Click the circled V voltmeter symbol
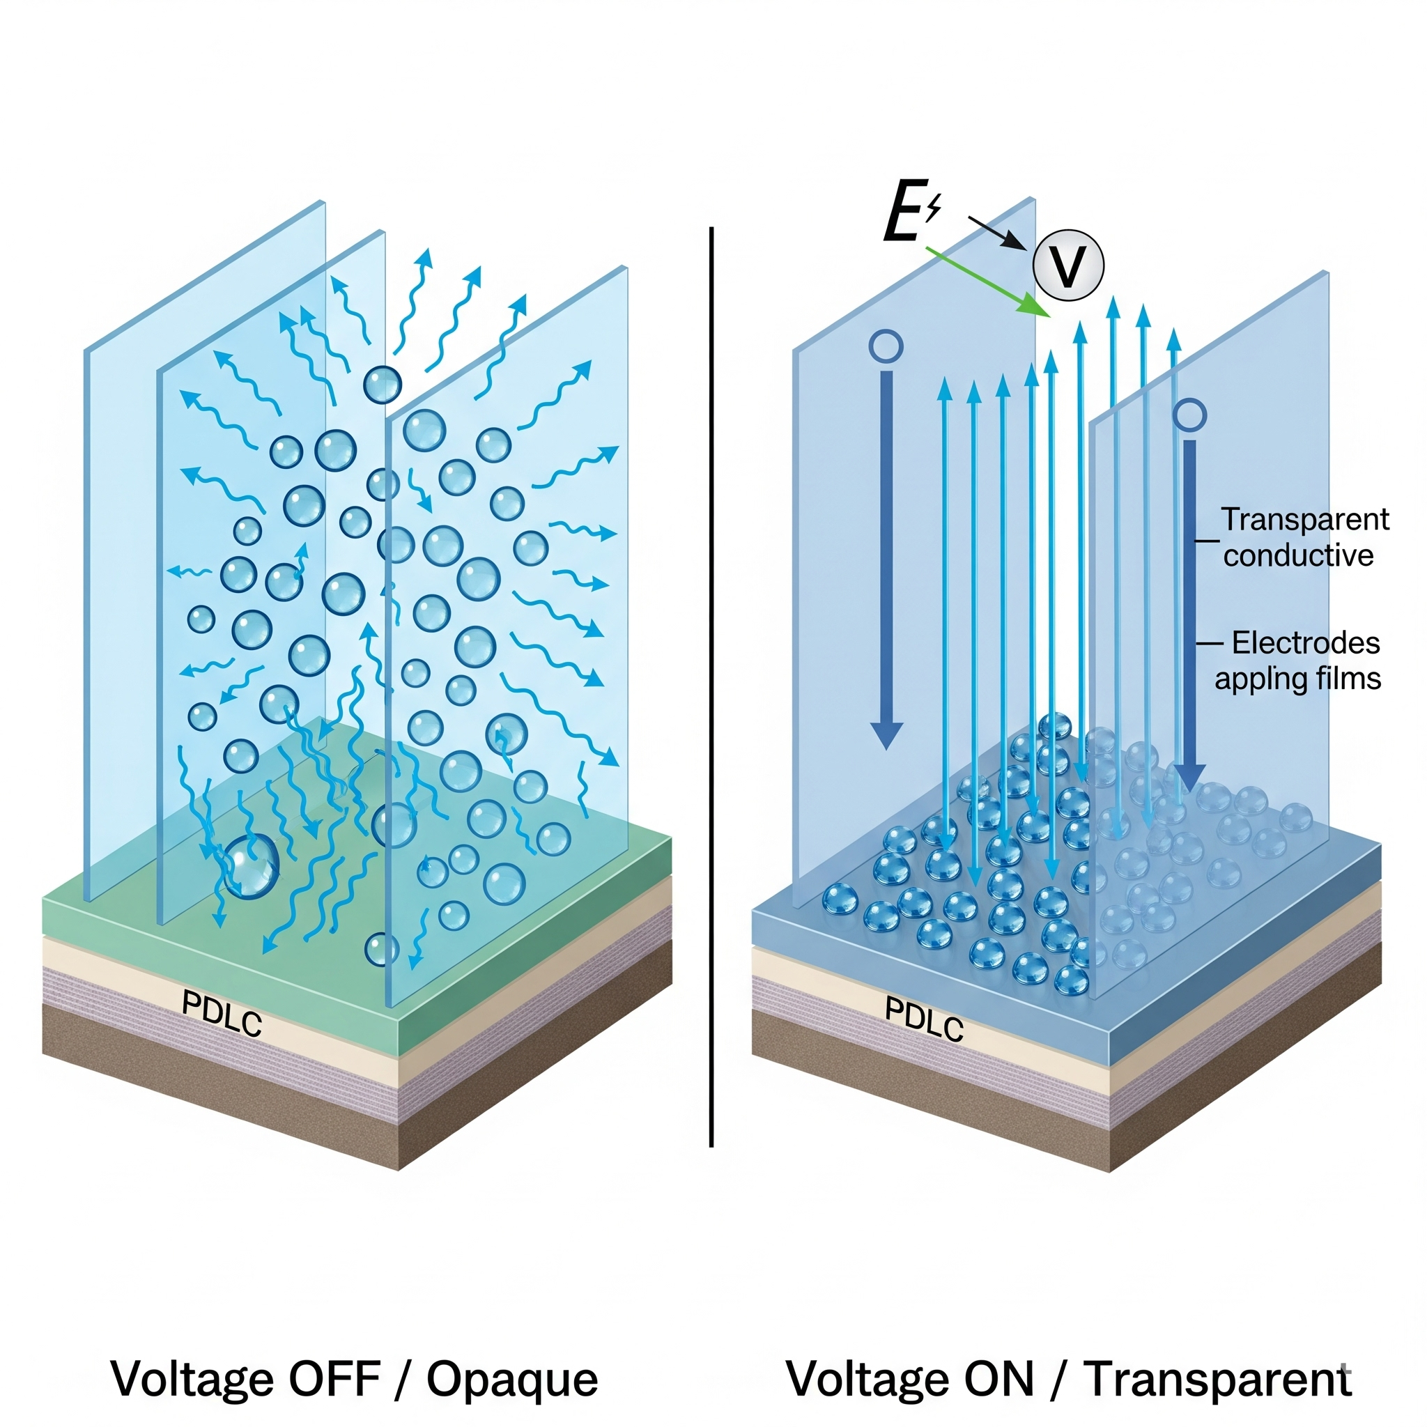[1067, 265]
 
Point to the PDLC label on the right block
[924, 1019]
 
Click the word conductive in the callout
[1297, 555]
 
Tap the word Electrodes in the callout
[1305, 642]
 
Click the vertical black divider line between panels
[711, 687]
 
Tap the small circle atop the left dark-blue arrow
[886, 346]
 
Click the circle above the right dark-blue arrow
[1189, 416]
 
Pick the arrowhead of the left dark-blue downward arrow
[886, 734]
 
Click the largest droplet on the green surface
[251, 865]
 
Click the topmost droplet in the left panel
[383, 384]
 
